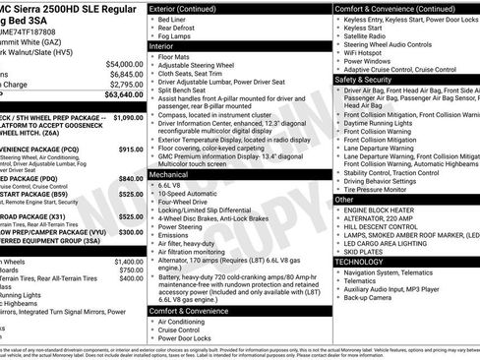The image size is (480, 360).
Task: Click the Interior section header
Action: pyautogui.click(x=162, y=46)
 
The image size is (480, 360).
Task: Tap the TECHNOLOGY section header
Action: pyautogui.click(x=360, y=263)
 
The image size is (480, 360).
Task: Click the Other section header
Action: pyautogui.click(x=344, y=200)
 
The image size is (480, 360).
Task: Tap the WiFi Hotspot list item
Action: pyautogui.click(x=369, y=51)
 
